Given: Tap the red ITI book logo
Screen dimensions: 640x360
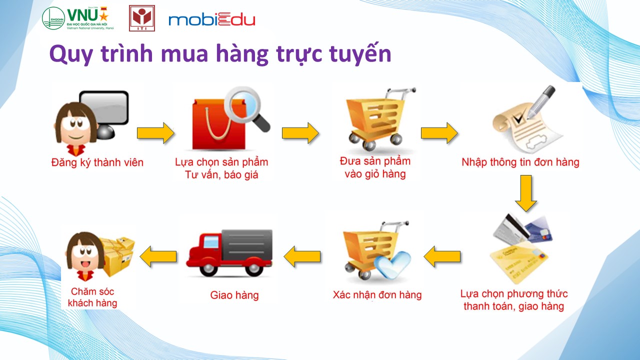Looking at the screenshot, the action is click(x=142, y=18).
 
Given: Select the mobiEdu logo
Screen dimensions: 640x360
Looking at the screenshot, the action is click(x=211, y=19).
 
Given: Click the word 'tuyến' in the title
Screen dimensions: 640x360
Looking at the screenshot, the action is click(x=360, y=53).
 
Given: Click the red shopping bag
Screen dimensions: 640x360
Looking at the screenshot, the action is click(x=219, y=124).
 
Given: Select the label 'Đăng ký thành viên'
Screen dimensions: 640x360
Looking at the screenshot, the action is click(x=97, y=162).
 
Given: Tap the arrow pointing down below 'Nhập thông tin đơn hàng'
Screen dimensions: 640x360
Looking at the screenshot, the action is click(x=525, y=193).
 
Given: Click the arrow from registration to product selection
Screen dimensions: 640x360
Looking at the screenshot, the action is click(x=155, y=133).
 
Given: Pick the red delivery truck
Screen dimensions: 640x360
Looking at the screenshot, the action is click(x=229, y=252).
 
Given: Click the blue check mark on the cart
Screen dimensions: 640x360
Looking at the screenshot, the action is click(x=392, y=264).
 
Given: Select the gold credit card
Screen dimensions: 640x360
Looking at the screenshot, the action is click(x=518, y=263).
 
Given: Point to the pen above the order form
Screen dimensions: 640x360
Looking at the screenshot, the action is click(x=541, y=102).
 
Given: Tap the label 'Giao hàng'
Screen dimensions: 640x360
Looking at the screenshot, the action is click(x=234, y=295).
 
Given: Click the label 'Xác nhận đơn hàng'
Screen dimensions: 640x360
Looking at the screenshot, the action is click(x=377, y=294).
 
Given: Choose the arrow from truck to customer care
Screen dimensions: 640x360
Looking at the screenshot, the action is click(x=158, y=256).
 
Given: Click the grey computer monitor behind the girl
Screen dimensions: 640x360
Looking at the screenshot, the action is click(x=105, y=114).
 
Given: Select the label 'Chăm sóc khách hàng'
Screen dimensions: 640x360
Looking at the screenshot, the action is click(x=92, y=297).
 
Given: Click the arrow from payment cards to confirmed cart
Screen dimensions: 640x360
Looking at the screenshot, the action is click(x=442, y=256).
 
